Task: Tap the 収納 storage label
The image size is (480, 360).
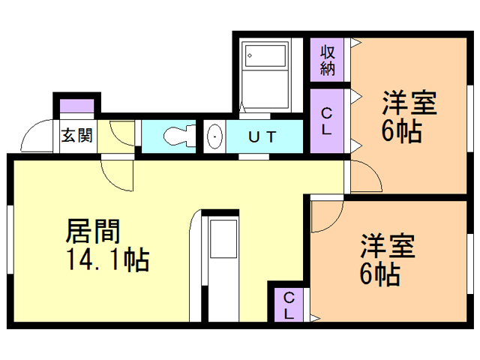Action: pyautogui.click(x=328, y=60)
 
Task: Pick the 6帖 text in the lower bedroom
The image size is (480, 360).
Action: pyautogui.click(x=379, y=274)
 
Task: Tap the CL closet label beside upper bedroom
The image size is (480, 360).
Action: pyautogui.click(x=328, y=121)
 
